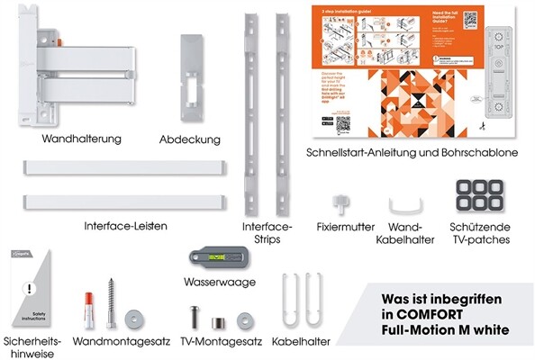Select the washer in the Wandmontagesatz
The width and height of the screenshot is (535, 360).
(137, 317)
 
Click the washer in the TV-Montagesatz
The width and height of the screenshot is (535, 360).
(243, 320)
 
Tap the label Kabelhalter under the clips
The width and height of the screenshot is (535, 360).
(300, 342)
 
